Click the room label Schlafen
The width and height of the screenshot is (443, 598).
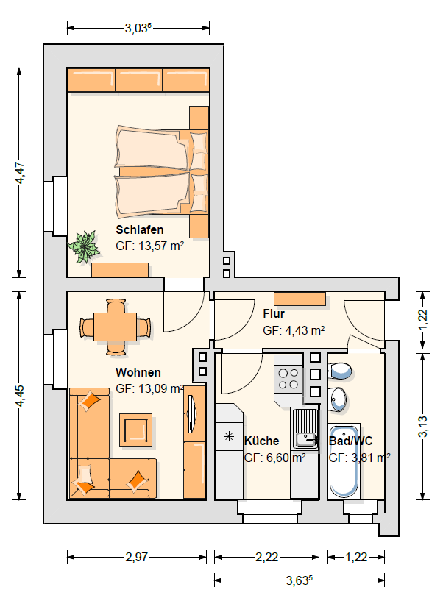(x=140, y=230)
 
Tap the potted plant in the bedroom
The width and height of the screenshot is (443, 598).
(x=84, y=246)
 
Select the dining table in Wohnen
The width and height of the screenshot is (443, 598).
(x=116, y=327)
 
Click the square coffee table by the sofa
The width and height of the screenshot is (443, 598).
(x=136, y=430)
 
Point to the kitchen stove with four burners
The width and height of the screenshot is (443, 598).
(x=288, y=379)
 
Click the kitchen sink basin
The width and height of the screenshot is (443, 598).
(x=306, y=440)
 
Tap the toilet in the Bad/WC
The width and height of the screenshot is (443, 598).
(x=340, y=370)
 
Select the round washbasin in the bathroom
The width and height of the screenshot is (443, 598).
(x=339, y=399)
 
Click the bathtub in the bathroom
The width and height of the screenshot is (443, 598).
(x=344, y=461)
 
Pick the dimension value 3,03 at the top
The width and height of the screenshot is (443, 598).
(x=138, y=28)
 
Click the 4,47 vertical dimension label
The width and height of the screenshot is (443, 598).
(x=19, y=173)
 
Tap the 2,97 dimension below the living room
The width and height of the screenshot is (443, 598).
(x=137, y=558)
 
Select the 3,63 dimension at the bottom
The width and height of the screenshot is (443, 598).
(x=300, y=580)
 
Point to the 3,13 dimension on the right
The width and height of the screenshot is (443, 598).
(x=423, y=427)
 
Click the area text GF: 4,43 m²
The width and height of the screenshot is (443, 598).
(x=294, y=330)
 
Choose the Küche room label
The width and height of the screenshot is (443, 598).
(x=261, y=441)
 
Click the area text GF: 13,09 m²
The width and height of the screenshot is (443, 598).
(x=150, y=388)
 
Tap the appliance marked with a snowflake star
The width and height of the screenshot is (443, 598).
(x=229, y=436)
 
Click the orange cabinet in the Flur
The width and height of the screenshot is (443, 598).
(x=300, y=299)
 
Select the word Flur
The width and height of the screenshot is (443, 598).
(x=274, y=314)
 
